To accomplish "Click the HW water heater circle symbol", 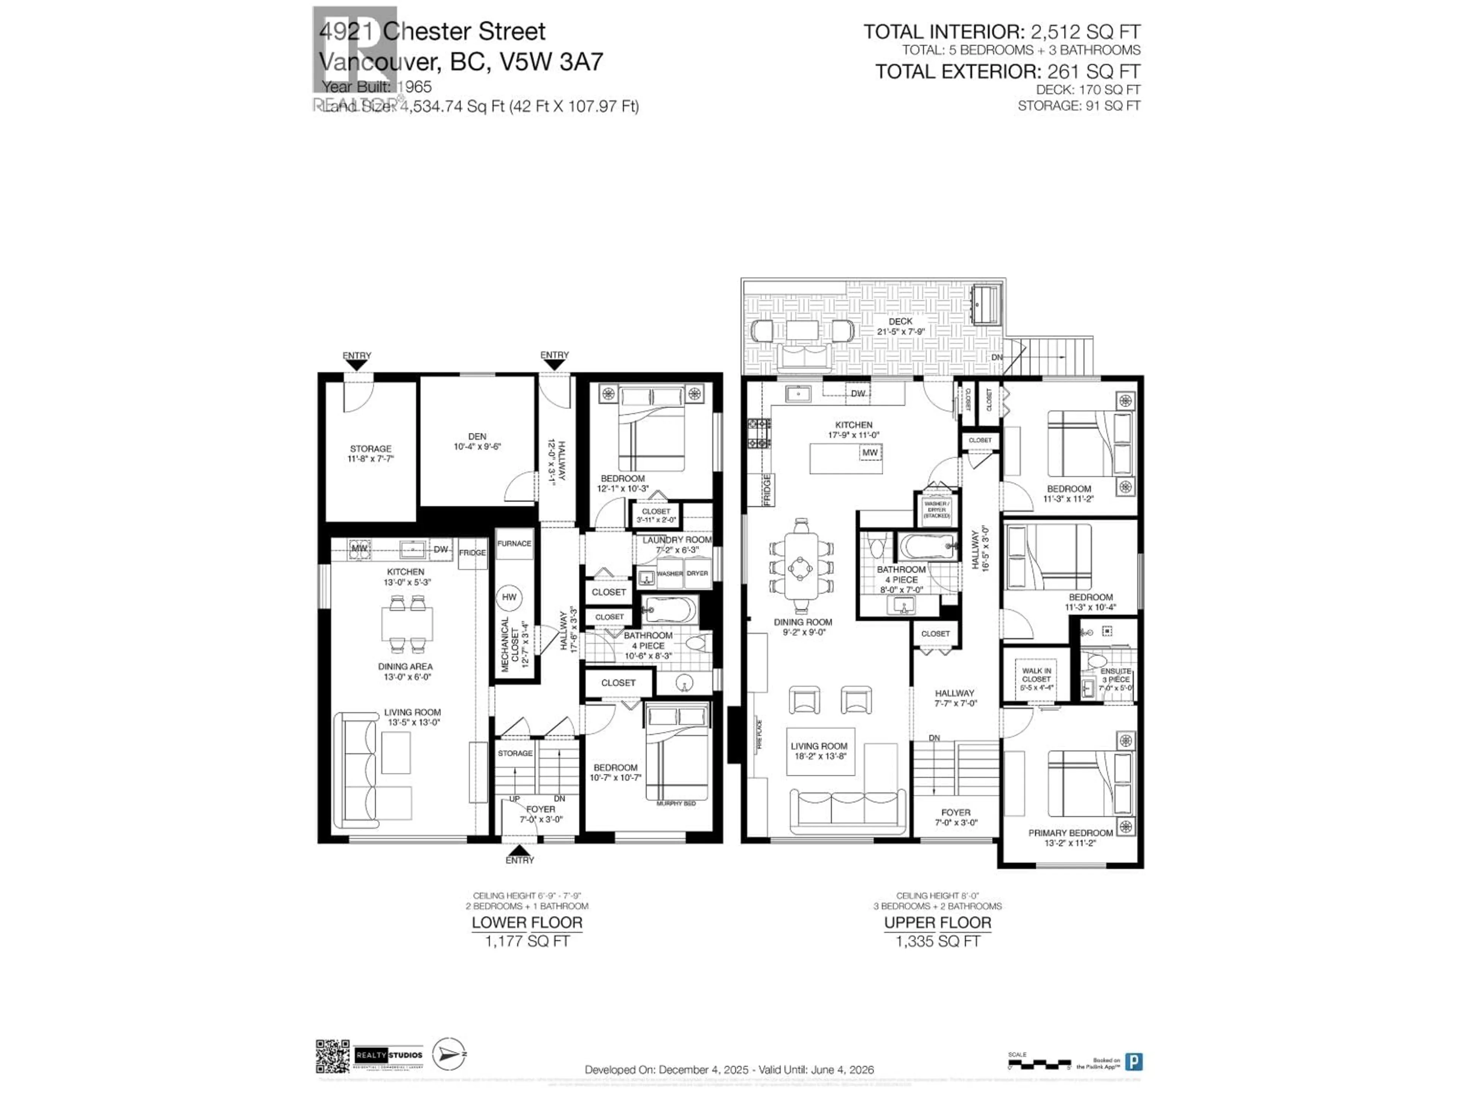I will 508,598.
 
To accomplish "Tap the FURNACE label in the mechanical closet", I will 514,543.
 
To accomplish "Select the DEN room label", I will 477,436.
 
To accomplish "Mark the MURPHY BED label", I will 676,803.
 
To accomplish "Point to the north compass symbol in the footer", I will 448,1054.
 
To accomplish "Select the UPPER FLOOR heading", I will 937,923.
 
